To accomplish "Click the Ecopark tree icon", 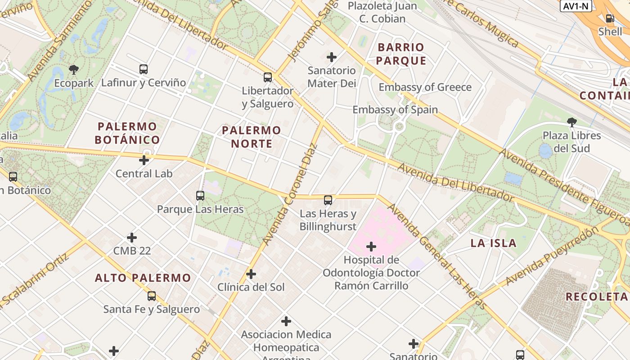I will pyautogui.click(x=74, y=69).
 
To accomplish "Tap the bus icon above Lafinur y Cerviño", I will pyautogui.click(x=144, y=69).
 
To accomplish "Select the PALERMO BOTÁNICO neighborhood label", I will pyautogui.click(x=127, y=133).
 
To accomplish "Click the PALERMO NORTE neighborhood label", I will pyautogui.click(x=252, y=137).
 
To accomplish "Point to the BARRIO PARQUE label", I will pyautogui.click(x=401, y=54).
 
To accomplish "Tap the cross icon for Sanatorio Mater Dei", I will pyautogui.click(x=332, y=57).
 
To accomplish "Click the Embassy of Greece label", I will pyautogui.click(x=425, y=87).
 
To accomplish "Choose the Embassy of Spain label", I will pyautogui.click(x=395, y=109).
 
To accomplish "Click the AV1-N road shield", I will pyautogui.click(x=576, y=5).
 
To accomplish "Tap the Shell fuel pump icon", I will pyautogui.click(x=610, y=18).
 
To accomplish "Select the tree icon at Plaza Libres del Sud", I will pyautogui.click(x=571, y=121).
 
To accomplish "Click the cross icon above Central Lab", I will pyautogui.click(x=144, y=160).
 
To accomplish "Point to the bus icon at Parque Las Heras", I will pyautogui.click(x=200, y=196).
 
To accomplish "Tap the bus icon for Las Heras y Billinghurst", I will pyautogui.click(x=328, y=200).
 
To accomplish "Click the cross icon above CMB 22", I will pyautogui.click(x=132, y=237).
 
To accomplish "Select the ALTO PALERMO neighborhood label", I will pyautogui.click(x=143, y=278).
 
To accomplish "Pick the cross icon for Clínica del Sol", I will pyautogui.click(x=251, y=274).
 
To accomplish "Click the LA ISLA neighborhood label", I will pyautogui.click(x=493, y=243).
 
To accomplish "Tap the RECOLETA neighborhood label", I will pyautogui.click(x=596, y=297).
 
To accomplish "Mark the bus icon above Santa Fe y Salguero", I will pyautogui.click(x=152, y=296).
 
